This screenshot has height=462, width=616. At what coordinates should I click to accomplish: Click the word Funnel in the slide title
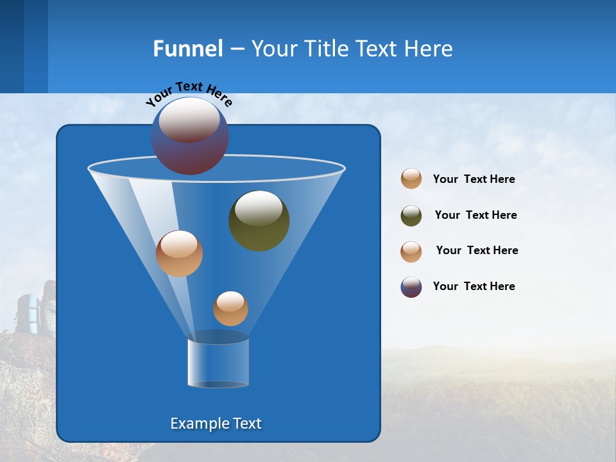[x=187, y=49]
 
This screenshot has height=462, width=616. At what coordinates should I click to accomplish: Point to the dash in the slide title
[x=236, y=49]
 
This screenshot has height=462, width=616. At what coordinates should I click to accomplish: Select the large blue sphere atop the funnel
[x=189, y=136]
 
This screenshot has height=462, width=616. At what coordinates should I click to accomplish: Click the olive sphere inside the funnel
[x=259, y=221]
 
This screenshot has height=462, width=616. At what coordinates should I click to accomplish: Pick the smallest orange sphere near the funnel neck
[x=230, y=309]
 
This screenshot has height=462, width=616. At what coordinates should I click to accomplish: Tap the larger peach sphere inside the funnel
[x=179, y=253]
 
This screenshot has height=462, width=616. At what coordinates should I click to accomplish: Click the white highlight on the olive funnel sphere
[x=259, y=208]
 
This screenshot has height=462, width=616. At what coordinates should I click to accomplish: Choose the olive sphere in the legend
[x=411, y=216]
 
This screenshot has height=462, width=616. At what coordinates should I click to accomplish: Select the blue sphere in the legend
[x=411, y=287]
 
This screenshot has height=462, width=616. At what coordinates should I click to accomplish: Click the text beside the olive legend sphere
[x=475, y=215]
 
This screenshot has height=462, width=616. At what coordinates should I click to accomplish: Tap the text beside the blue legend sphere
[x=474, y=286]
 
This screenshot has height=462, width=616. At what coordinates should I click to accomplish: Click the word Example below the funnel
[x=199, y=424]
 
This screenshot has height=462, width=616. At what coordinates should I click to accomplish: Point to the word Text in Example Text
[x=246, y=424]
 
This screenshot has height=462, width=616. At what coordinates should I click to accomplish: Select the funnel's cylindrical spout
[x=218, y=363]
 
